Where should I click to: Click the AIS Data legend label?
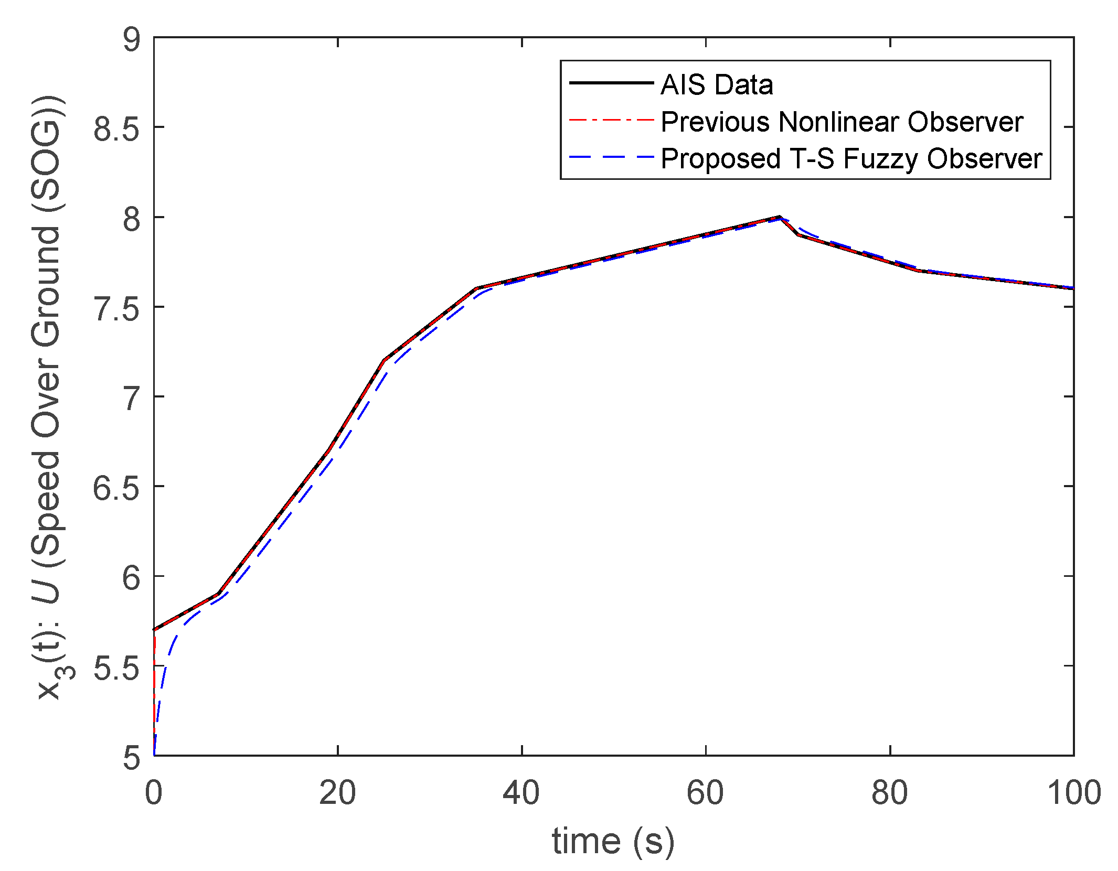[716, 84]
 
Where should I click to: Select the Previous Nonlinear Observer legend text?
[842, 122]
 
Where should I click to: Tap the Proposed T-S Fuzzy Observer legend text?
[851, 158]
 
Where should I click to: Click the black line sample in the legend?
[611, 83]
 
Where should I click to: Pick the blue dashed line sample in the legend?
[611, 157]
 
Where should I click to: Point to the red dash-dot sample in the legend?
[611, 120]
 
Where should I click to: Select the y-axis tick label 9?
[131, 39]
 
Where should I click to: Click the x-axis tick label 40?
[521, 792]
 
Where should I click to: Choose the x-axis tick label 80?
[889, 792]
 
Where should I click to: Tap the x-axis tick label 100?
[1073, 792]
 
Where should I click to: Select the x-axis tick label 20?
[337, 792]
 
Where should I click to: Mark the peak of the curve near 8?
[780, 217]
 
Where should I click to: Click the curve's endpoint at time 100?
[1073, 288]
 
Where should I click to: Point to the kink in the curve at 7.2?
[384, 360]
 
